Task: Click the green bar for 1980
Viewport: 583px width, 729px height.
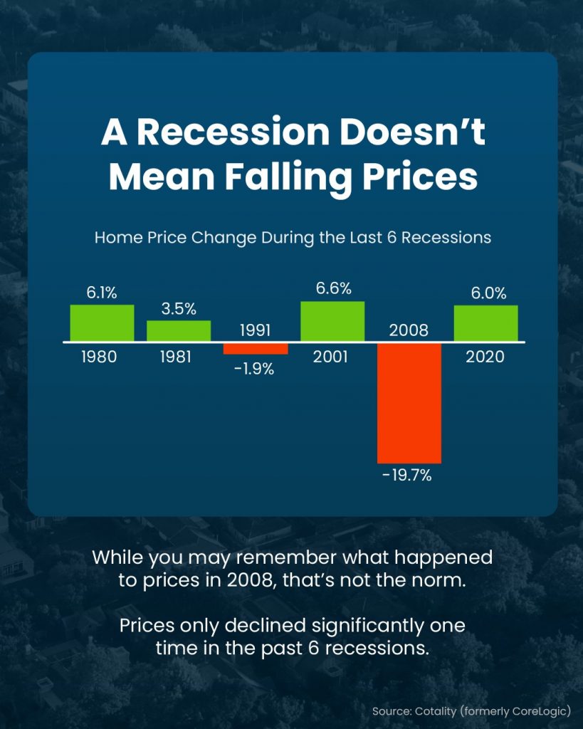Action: pyautogui.click(x=103, y=323)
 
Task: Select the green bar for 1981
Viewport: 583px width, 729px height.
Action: pyautogui.click(x=179, y=331)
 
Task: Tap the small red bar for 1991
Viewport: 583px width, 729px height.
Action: pyautogui.click(x=256, y=349)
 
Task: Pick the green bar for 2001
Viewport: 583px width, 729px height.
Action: pyautogui.click(x=332, y=321)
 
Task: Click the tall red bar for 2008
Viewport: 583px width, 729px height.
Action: pyautogui.click(x=409, y=403)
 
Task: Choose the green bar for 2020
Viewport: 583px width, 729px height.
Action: pyautogui.click(x=485, y=323)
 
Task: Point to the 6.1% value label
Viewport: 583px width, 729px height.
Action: pyautogui.click(x=102, y=293)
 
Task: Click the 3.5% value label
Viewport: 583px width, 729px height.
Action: pyautogui.click(x=179, y=309)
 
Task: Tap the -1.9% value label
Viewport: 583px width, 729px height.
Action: pyautogui.click(x=254, y=369)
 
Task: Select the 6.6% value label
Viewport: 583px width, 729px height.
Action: pyautogui.click(x=333, y=289)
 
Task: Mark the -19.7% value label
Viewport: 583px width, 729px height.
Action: pyautogui.click(x=407, y=476)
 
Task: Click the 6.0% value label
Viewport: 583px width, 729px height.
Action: pyautogui.click(x=488, y=293)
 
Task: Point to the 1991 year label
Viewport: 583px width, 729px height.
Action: pyautogui.click(x=256, y=330)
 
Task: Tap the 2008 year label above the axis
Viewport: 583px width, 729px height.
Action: pyautogui.click(x=409, y=330)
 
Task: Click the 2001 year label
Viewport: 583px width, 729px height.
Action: pyautogui.click(x=330, y=357)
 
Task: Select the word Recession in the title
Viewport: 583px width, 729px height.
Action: pyautogui.click(x=233, y=132)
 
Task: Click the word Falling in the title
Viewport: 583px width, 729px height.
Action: pyautogui.click(x=289, y=177)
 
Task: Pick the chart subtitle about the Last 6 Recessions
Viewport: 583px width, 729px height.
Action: pyautogui.click(x=293, y=238)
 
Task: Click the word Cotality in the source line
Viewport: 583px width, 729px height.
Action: pyautogui.click(x=436, y=711)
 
